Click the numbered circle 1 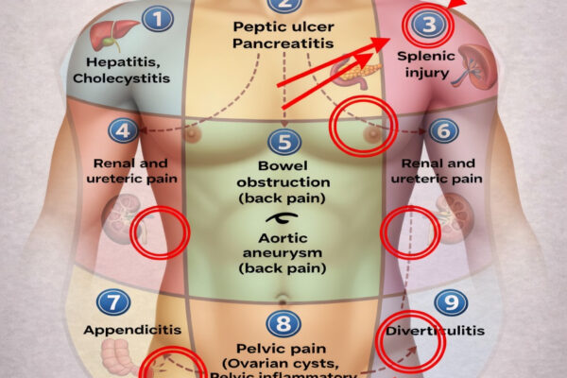pyautogui.click(x=159, y=18)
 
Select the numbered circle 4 pyautogui.click(x=124, y=129)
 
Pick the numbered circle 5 pyautogui.click(x=283, y=143)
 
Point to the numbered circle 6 pyautogui.click(x=442, y=129)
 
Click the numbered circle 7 pyautogui.click(x=113, y=302)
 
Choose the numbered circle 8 pyautogui.click(x=283, y=324)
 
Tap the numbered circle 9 pyautogui.click(x=450, y=302)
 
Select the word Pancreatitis pyautogui.click(x=283, y=44)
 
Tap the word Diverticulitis pyautogui.click(x=435, y=331)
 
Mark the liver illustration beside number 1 pyautogui.click(x=105, y=35)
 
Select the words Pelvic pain pyautogui.click(x=283, y=350)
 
